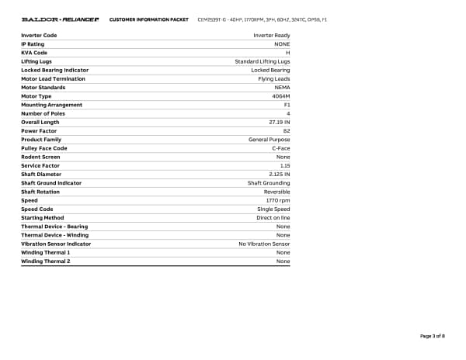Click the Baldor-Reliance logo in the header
[x=60, y=18]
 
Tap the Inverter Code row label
[x=39, y=36]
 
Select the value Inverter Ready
[x=272, y=36]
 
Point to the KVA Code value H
[x=287, y=53]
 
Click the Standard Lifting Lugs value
[x=263, y=61]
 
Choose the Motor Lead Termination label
[x=53, y=78]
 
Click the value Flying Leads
[x=274, y=78]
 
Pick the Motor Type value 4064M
[x=281, y=96]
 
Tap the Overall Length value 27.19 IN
[x=279, y=122]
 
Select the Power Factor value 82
[x=287, y=131]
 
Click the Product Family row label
[x=41, y=140]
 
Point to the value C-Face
[x=280, y=148]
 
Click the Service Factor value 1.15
[x=284, y=165]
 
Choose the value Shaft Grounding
[x=269, y=183]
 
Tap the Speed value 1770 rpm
[x=277, y=200]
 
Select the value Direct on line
[x=273, y=218]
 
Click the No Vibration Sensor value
[x=264, y=244]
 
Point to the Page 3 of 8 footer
[x=432, y=336]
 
